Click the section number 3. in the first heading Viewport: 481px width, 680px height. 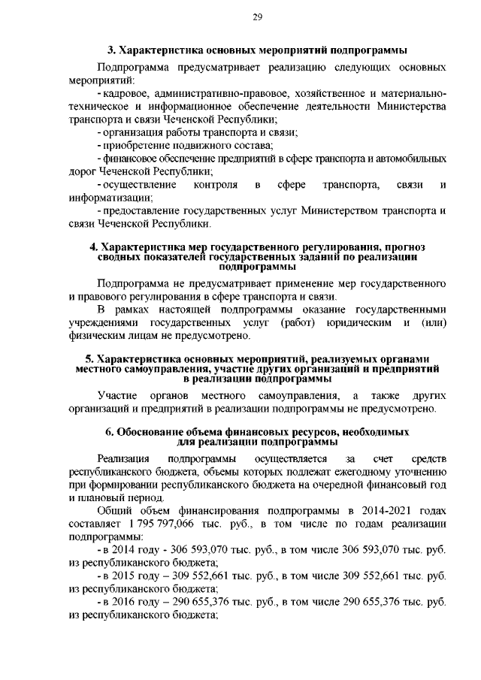[x=112, y=50]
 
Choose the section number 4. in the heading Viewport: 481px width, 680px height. [x=94, y=246]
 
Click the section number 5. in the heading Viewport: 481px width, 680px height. [x=89, y=359]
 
